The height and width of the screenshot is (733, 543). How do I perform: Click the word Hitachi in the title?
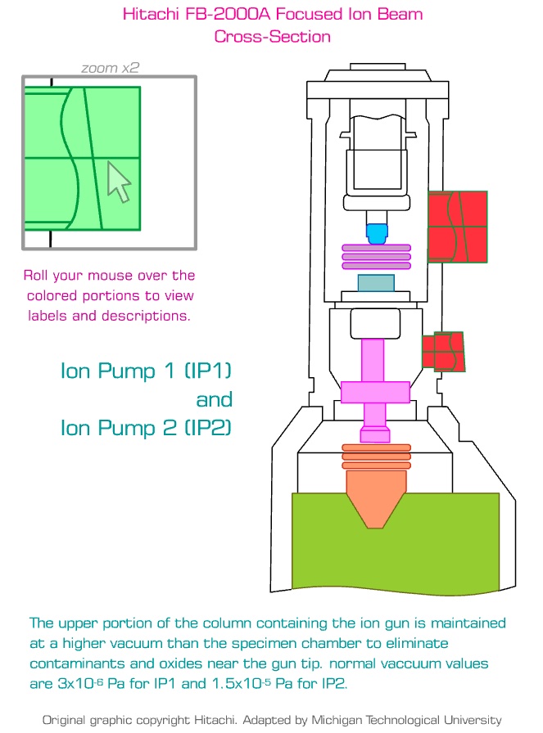pos(150,14)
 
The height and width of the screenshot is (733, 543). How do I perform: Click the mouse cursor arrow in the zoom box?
pos(119,181)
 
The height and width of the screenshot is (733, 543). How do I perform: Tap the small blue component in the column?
pos(376,234)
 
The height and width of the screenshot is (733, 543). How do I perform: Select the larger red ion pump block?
pos(457,227)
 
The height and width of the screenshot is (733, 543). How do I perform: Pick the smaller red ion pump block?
pos(442,352)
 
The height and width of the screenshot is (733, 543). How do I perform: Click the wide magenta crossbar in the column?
pos(375,392)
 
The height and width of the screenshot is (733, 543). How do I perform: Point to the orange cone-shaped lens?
pos(376,495)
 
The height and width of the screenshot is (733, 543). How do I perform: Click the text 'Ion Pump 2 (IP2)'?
pos(147,427)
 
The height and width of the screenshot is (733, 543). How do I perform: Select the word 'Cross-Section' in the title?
pos(272,37)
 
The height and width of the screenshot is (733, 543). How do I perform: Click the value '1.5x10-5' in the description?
pos(244,683)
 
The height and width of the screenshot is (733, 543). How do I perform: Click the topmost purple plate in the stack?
pos(376,248)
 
